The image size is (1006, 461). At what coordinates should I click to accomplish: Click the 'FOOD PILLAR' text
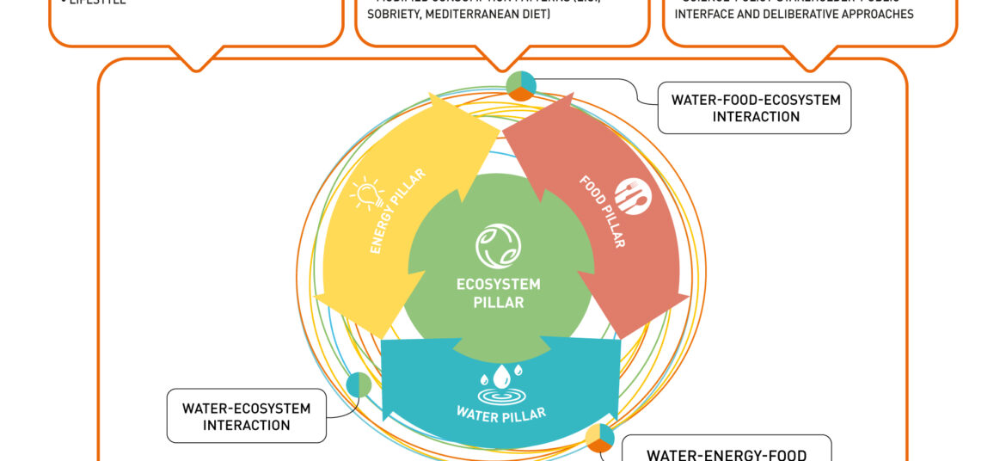[603, 212]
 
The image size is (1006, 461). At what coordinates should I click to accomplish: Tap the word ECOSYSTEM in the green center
[499, 285]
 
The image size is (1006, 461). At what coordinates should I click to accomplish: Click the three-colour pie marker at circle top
[521, 85]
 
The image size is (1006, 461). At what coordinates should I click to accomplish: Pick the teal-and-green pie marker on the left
[359, 384]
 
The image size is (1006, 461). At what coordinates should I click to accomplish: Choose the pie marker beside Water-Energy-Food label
[599, 437]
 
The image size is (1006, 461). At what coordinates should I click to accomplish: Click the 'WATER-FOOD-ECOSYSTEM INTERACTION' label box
[754, 108]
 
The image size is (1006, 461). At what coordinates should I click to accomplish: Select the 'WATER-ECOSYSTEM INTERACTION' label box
[246, 416]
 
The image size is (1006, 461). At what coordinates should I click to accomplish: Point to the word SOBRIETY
[396, 15]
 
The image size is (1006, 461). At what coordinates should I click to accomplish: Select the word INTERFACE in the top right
[708, 15]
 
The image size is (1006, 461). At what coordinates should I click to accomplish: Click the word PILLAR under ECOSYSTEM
[499, 302]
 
